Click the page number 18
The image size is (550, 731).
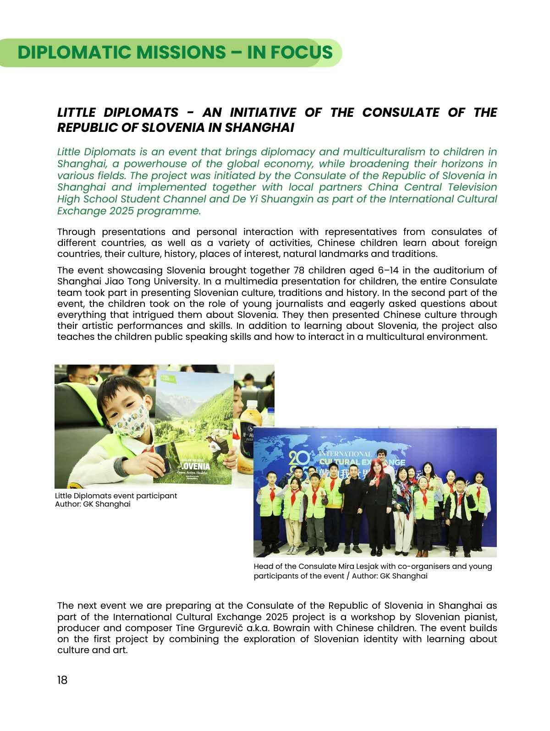pos(62,680)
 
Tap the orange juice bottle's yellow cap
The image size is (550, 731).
pos(252,403)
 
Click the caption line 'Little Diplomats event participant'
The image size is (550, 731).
pos(116,496)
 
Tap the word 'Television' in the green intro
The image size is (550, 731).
pos(472,187)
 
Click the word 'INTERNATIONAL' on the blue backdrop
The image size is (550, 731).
pos(345,454)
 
